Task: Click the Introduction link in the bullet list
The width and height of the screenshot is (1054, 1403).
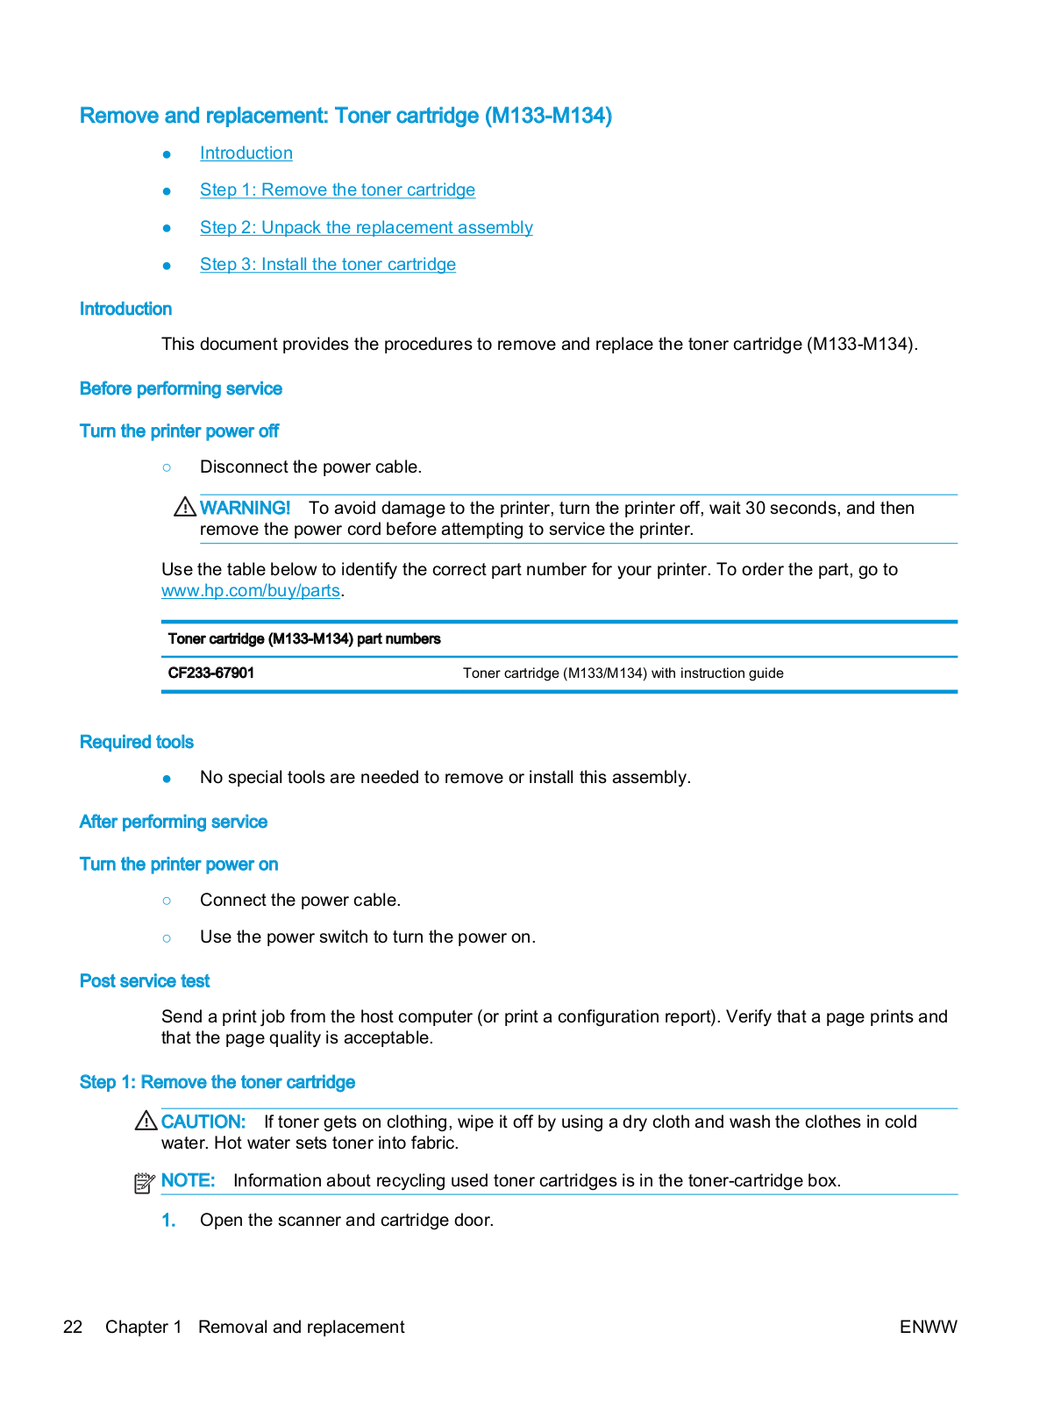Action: pyautogui.click(x=246, y=153)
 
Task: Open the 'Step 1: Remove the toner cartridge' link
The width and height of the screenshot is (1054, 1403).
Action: pyautogui.click(x=337, y=190)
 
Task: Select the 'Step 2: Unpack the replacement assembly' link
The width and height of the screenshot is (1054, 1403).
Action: pyautogui.click(x=366, y=228)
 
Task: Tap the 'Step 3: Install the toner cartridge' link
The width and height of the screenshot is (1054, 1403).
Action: pyautogui.click(x=327, y=265)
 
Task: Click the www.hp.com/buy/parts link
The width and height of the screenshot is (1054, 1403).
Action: pyautogui.click(x=250, y=591)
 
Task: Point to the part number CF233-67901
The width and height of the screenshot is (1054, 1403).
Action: pyautogui.click(x=211, y=673)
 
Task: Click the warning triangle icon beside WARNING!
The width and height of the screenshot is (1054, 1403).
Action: pyautogui.click(x=185, y=507)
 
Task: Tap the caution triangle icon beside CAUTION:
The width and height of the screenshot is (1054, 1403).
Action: pyautogui.click(x=146, y=1121)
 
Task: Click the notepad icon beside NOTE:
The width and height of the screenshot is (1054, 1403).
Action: pyautogui.click(x=145, y=1183)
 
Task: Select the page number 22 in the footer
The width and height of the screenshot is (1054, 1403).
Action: pyautogui.click(x=73, y=1327)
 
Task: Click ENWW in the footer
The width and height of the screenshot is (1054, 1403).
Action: pyautogui.click(x=928, y=1327)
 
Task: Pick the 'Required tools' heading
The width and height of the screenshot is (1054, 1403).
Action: pyautogui.click(x=137, y=743)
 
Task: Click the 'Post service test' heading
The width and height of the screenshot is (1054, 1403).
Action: pyautogui.click(x=145, y=981)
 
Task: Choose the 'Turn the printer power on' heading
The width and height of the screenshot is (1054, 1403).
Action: pyautogui.click(x=179, y=865)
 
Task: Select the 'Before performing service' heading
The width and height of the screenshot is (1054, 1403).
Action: pyautogui.click(x=181, y=389)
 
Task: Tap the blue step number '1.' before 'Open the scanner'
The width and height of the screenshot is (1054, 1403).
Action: pyautogui.click(x=168, y=1221)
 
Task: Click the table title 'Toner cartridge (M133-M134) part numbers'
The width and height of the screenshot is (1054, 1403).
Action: pyautogui.click(x=304, y=639)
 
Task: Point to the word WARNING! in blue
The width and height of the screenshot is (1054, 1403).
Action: pyautogui.click(x=245, y=509)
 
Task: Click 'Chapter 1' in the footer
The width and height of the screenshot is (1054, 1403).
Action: pyautogui.click(x=143, y=1327)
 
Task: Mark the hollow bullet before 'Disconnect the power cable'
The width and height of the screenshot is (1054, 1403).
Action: pyautogui.click(x=167, y=467)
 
